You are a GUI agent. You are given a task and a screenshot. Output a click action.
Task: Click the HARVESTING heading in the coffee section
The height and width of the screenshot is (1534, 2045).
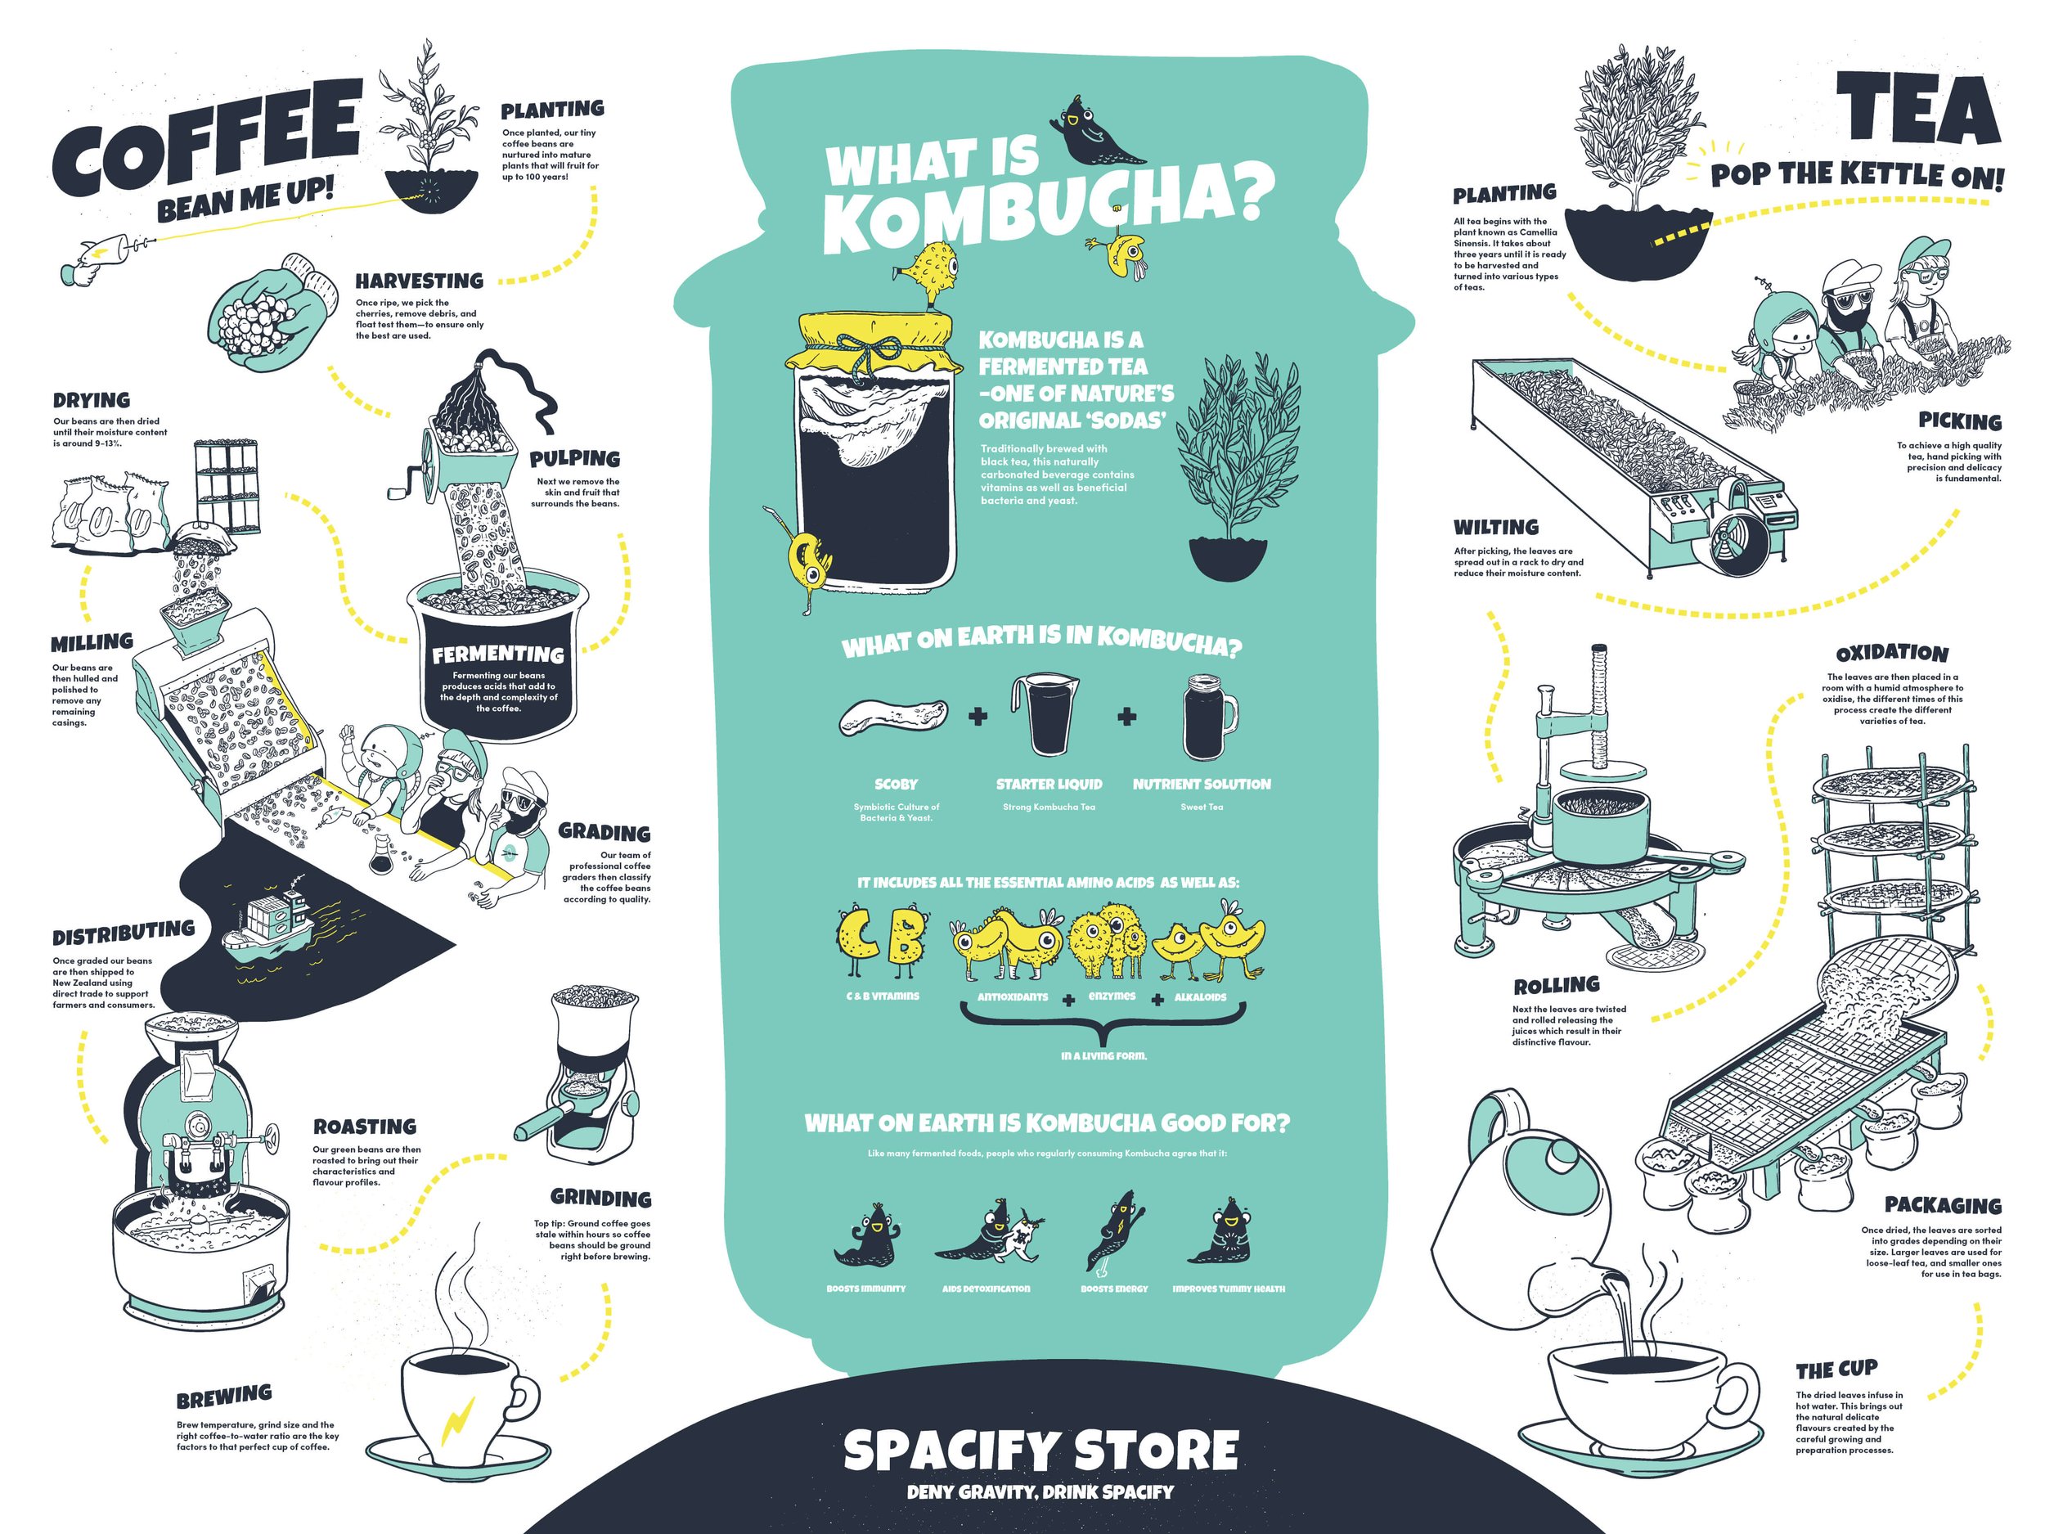(x=420, y=280)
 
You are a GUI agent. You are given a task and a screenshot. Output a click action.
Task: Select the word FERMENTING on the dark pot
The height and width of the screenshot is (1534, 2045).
(x=497, y=655)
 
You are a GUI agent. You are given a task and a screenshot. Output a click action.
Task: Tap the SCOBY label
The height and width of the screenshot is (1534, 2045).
(x=896, y=784)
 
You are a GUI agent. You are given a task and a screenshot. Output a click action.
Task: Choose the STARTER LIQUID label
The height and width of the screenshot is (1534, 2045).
(x=1049, y=784)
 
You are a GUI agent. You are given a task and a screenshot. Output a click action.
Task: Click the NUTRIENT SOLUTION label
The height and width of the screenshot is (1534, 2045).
(x=1202, y=784)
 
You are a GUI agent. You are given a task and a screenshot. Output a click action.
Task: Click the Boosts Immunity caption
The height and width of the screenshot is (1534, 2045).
(x=866, y=1289)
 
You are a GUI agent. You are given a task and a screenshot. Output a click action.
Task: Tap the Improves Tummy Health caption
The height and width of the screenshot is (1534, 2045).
(x=1229, y=1289)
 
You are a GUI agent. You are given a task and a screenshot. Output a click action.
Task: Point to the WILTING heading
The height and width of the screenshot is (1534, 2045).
(x=1496, y=527)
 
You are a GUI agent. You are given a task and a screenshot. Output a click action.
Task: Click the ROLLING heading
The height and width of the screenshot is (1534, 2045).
(x=1557, y=985)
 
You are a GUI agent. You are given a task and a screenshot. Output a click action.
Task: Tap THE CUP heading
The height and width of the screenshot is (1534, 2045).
(x=1837, y=1370)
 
